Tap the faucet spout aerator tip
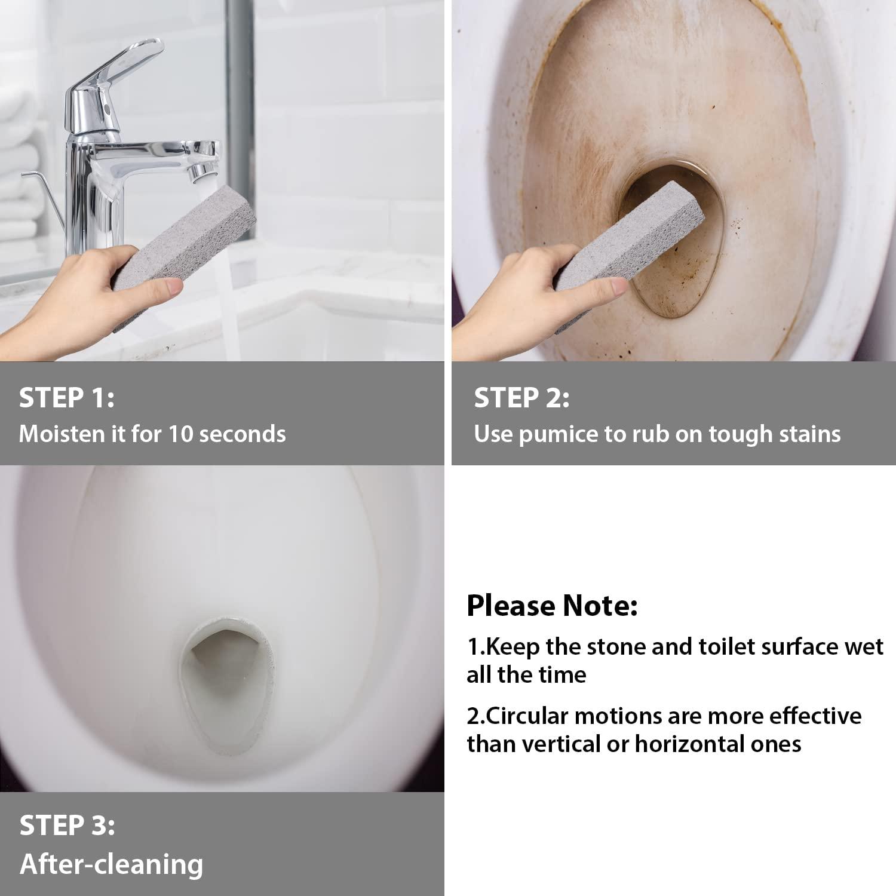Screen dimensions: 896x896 tap(195, 173)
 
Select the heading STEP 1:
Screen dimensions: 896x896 tap(66, 398)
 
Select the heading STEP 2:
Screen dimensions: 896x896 tap(521, 398)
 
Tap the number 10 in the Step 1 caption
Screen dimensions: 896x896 tap(180, 434)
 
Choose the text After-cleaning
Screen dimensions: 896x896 tap(111, 864)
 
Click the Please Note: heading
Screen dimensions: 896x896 tap(552, 606)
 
